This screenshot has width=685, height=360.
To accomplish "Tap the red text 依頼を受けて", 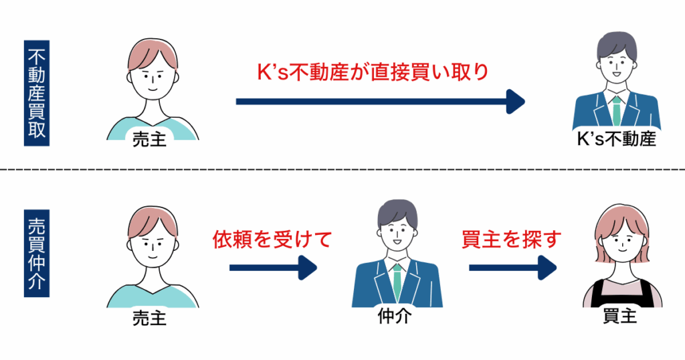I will click(x=272, y=240).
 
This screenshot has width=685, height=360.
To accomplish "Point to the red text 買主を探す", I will click(x=510, y=240).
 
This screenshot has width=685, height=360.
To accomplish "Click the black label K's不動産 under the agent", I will click(x=617, y=140).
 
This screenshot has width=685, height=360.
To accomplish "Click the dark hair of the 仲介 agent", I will click(x=396, y=213).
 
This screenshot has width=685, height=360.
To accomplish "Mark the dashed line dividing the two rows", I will click(x=342, y=169).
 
